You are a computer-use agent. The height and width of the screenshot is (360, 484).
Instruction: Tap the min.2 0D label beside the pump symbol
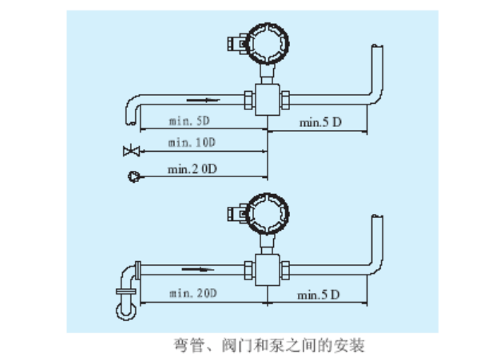tap(192, 168)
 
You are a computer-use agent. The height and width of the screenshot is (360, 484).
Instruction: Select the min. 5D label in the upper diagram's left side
tap(189, 121)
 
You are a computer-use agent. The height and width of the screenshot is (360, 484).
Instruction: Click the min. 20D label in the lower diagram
tap(192, 295)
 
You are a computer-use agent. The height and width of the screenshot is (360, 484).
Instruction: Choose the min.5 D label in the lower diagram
tap(319, 295)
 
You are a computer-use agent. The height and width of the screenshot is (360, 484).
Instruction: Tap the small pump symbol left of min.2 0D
tap(133, 176)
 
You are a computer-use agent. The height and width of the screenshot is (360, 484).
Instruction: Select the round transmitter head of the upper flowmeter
tap(266, 45)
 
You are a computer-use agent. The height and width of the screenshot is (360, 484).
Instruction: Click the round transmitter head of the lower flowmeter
tap(266, 215)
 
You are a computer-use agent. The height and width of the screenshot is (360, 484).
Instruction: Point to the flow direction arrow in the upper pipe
tap(202, 101)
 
